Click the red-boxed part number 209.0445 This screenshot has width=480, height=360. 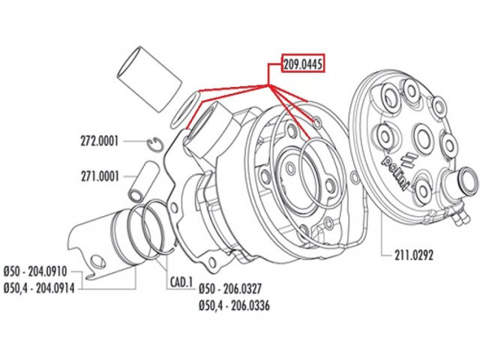(x=303, y=64)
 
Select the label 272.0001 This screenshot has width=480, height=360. (x=99, y=142)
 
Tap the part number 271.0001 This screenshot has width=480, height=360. (x=100, y=176)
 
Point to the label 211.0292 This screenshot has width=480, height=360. (x=414, y=255)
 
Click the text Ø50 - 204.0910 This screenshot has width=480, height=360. (x=35, y=271)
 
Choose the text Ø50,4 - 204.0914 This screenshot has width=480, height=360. (x=39, y=288)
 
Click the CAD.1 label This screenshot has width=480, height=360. (x=181, y=283)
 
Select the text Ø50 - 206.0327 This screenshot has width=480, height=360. (x=230, y=288)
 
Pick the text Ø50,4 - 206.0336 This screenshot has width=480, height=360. (x=234, y=305)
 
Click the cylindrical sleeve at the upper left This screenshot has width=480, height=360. (x=149, y=79)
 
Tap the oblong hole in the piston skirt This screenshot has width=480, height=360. (x=98, y=262)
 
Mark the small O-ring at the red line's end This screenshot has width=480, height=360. (x=317, y=123)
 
